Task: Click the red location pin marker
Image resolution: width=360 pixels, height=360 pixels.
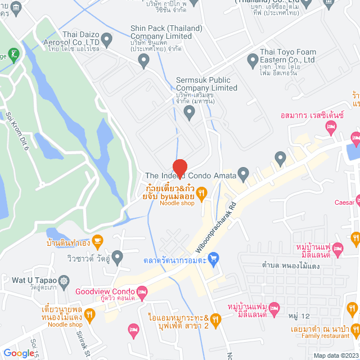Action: point(179,168)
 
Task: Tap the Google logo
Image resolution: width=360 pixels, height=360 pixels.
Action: point(19,353)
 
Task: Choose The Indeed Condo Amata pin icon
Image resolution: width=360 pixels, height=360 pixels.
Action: point(244,174)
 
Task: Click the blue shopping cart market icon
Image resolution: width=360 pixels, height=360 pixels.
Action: point(213,259)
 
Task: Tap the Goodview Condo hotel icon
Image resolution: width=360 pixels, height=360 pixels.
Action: point(142,291)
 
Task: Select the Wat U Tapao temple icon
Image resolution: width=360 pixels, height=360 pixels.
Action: point(65,280)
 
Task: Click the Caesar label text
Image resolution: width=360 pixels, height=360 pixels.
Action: point(344,202)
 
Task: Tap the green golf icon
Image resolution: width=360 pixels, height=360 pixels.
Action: point(13,55)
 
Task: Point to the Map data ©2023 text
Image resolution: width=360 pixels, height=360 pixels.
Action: point(335,355)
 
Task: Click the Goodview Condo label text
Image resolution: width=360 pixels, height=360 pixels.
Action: point(104,291)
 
